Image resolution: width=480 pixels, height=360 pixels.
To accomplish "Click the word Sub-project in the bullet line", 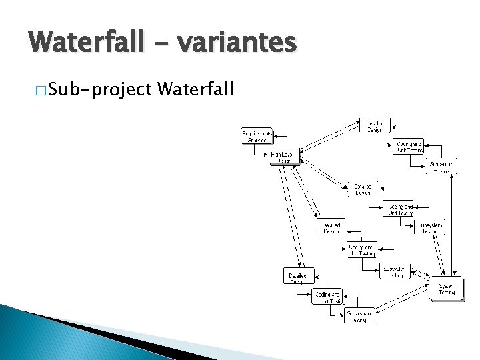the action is (x=101, y=89).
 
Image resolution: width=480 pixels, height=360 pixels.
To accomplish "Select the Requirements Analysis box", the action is (x=257, y=137).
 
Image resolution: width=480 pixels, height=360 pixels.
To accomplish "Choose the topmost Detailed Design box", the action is (x=374, y=125).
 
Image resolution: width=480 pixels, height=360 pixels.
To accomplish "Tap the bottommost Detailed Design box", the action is (x=297, y=276).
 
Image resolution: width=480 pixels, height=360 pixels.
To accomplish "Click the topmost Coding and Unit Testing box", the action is (x=409, y=147).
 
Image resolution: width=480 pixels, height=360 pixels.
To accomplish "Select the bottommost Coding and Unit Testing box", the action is (x=328, y=297).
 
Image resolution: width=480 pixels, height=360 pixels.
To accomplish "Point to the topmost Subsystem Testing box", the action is (x=441, y=166).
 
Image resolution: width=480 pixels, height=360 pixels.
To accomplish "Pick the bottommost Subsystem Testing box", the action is (x=359, y=315).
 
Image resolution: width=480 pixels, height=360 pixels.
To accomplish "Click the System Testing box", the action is (x=446, y=289).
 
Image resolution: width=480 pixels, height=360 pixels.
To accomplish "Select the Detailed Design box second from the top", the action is (x=363, y=189).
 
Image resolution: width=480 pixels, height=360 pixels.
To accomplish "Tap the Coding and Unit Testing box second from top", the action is (x=401, y=209).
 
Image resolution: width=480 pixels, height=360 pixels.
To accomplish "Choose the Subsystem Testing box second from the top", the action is (x=431, y=227).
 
